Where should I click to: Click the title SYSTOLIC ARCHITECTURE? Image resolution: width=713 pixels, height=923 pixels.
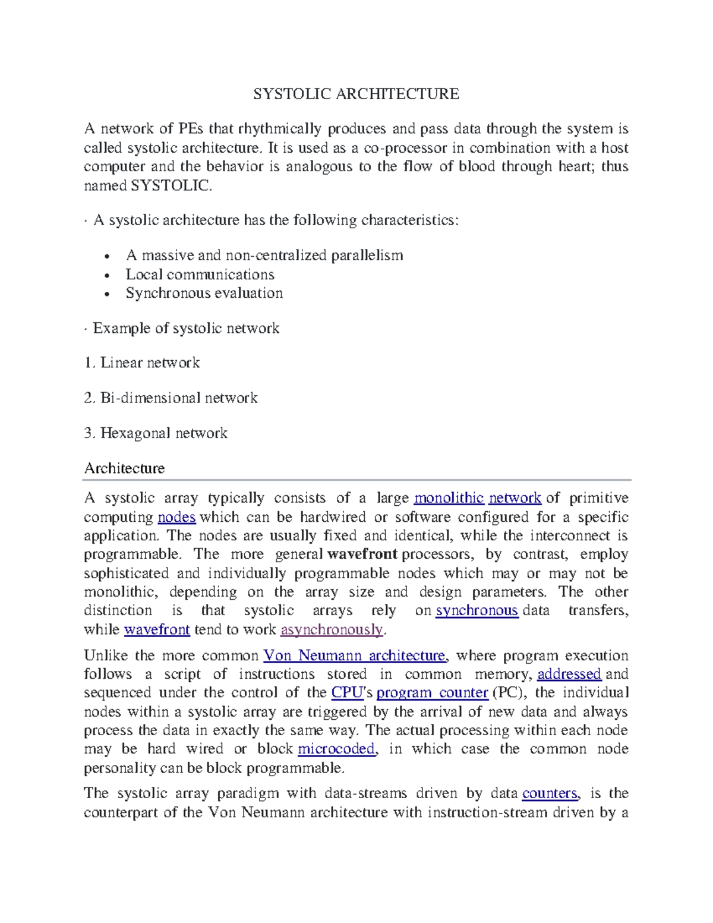(356, 94)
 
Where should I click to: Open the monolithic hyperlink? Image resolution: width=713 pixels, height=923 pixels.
(449, 498)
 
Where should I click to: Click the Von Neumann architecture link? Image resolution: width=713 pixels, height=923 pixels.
(354, 656)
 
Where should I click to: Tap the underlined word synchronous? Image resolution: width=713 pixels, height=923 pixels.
(477, 610)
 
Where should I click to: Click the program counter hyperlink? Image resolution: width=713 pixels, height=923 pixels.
(432, 693)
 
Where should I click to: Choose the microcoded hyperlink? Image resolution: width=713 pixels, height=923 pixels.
(336, 749)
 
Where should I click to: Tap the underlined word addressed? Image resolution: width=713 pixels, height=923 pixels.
(569, 674)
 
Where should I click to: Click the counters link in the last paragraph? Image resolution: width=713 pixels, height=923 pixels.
(550, 793)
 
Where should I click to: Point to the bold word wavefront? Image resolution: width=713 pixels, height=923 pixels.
(362, 555)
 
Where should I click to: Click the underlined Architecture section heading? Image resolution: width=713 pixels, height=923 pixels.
(124, 468)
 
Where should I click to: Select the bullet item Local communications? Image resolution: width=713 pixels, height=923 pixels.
(200, 275)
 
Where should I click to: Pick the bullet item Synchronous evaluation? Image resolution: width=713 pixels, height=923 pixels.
(204, 293)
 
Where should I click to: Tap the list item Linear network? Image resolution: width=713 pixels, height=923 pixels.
(150, 363)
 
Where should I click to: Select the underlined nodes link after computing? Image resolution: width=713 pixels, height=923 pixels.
(176, 517)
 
